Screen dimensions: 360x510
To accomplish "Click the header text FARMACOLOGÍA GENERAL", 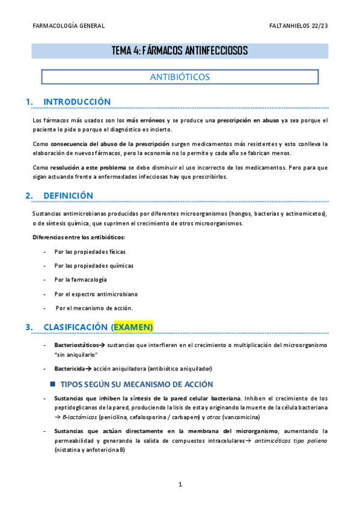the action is click(x=69, y=26).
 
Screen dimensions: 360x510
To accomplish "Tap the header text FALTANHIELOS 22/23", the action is click(x=299, y=26).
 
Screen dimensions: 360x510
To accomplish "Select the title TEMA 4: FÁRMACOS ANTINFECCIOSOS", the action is click(x=180, y=51).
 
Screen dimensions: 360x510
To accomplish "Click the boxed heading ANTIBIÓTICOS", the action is click(x=179, y=77).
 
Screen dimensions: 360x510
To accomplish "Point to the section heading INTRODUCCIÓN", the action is click(x=78, y=102).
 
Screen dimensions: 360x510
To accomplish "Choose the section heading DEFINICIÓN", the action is click(x=69, y=195).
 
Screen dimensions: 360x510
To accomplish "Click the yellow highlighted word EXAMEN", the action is click(x=133, y=327).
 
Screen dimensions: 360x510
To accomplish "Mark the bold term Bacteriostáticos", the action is click(x=76, y=345).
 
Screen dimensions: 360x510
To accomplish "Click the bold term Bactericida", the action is click(x=70, y=368).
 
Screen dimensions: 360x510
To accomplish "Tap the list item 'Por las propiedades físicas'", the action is click(x=90, y=251).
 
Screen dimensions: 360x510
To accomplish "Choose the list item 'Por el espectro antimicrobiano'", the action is click(x=96, y=294).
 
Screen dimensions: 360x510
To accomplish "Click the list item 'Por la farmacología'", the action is click(x=81, y=280).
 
